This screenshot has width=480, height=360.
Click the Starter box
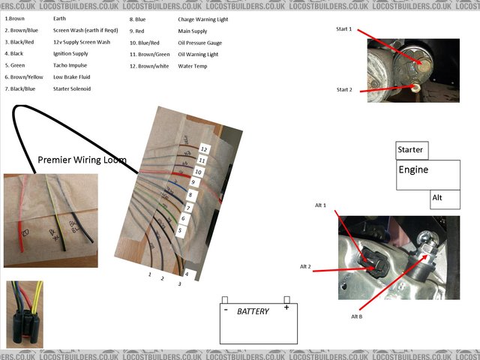(x=411, y=150)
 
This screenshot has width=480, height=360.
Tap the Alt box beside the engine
(x=444, y=199)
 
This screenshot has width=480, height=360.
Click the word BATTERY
(x=253, y=311)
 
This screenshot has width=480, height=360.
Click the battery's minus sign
(x=225, y=308)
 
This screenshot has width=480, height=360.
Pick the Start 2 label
(x=345, y=89)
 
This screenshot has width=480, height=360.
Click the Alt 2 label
(x=306, y=266)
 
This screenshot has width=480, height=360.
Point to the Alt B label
(x=357, y=316)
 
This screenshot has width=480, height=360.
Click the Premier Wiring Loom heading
(x=82, y=160)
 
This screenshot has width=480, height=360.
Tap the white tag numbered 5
(x=180, y=231)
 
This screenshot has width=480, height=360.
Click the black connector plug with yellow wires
(x=24, y=315)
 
